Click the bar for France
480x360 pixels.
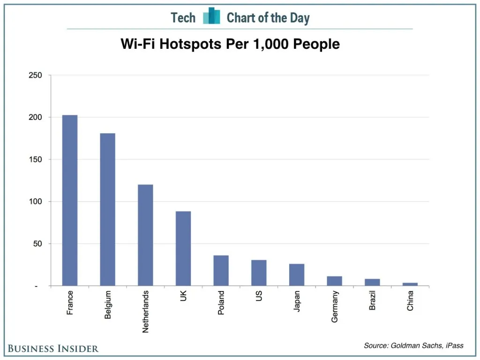coord(70,200)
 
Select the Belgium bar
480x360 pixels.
coord(107,210)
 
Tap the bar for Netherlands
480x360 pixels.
coord(145,235)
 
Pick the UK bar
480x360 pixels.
coord(183,248)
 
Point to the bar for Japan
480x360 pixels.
coord(296,275)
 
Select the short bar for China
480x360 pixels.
coord(410,284)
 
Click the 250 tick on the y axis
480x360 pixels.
coord(36,75)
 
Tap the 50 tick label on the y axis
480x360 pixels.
coord(37,244)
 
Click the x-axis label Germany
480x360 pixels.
coord(335,307)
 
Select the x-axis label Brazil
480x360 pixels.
coord(372,301)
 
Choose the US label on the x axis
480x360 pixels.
coord(259,296)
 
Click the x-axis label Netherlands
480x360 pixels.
coord(145,312)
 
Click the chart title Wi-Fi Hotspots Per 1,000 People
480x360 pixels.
coord(230,44)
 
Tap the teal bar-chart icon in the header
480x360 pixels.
coord(211,16)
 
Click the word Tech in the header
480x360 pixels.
coord(183,18)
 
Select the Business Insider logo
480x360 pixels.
coord(53,348)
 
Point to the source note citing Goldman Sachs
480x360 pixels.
coord(413,345)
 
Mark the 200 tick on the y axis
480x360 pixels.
coord(36,117)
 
